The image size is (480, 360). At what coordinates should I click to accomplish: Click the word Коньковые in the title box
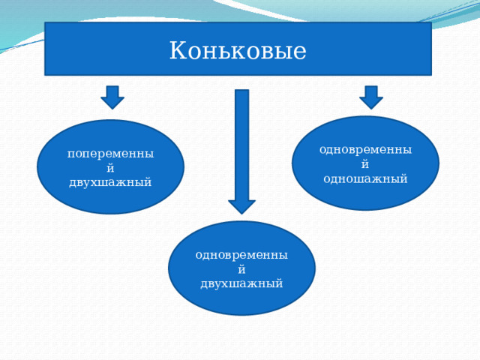point(238,51)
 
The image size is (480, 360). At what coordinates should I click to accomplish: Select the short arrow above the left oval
point(112,97)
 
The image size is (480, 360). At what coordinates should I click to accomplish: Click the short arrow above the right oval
point(370,97)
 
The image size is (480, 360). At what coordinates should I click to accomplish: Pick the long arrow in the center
point(241,150)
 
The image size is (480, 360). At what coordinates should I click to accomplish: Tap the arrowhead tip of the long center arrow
point(241,212)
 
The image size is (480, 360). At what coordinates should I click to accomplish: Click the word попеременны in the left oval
point(110,154)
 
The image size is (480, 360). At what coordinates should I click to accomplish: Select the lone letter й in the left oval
point(110,168)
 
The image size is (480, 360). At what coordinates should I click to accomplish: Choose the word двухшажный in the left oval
point(110,182)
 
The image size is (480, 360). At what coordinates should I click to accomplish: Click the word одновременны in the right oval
point(365,149)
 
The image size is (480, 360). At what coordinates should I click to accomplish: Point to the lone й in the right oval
point(365,163)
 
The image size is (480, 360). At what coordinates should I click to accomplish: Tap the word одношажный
point(365,178)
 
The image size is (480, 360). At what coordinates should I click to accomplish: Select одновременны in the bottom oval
point(241,254)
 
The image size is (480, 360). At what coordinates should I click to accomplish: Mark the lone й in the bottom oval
point(241,268)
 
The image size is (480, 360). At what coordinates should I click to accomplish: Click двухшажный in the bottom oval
point(241,283)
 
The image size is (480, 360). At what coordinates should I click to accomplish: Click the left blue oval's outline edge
point(37,166)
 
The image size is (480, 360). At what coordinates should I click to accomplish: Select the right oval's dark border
point(439,163)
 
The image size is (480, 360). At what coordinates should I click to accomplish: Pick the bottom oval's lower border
point(241,314)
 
